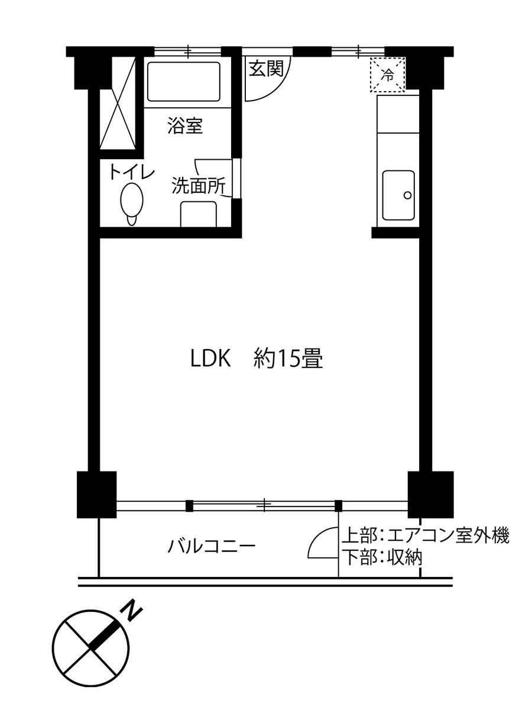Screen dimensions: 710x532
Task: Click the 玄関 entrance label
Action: pyautogui.click(x=266, y=69)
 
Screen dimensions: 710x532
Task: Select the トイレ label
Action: pyautogui.click(x=131, y=172)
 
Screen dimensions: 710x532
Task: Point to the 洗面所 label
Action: pyautogui.click(x=197, y=186)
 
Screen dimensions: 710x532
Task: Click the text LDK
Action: pyautogui.click(x=209, y=359)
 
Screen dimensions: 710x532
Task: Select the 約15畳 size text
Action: pyautogui.click(x=288, y=359)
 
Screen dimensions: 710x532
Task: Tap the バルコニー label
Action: pyautogui.click(x=211, y=545)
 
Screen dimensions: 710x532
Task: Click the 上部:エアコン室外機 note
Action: pyautogui.click(x=425, y=537)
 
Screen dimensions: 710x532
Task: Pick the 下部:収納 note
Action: pyautogui.click(x=382, y=557)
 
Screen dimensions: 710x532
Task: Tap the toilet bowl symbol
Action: pyautogui.click(x=131, y=202)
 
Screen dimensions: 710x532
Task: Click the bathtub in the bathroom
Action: pyautogui.click(x=184, y=82)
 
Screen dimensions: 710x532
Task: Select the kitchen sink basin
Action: pyautogui.click(x=398, y=195)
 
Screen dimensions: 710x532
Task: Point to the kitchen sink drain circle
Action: pyautogui.click(x=407, y=195)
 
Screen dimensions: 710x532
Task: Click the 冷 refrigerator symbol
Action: pyautogui.click(x=388, y=75)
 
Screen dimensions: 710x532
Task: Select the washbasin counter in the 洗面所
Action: pyautogui.click(x=198, y=214)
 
